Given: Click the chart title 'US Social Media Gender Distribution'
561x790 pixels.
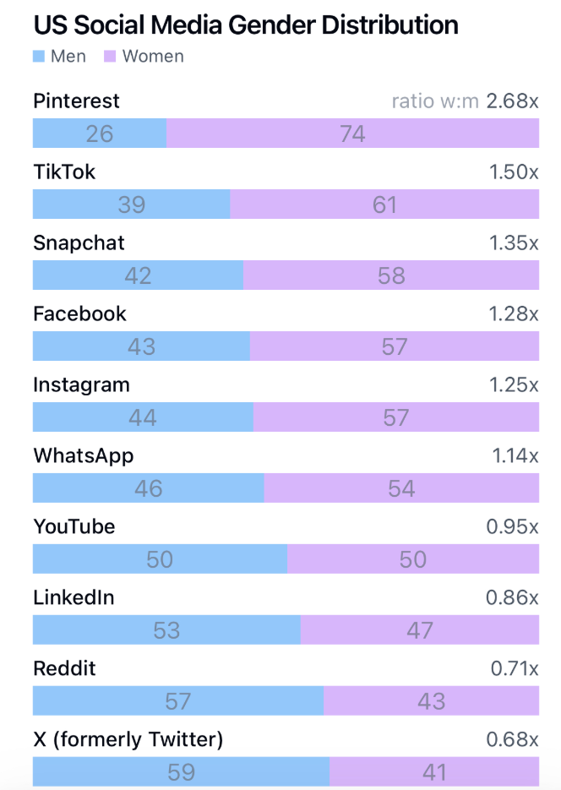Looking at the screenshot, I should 245,25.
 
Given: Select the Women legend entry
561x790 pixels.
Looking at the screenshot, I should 144,57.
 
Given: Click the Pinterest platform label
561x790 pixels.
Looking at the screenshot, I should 76,101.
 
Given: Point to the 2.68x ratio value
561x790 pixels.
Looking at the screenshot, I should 512,101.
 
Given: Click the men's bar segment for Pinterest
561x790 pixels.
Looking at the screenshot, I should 100,133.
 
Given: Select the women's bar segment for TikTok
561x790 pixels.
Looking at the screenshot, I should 384,204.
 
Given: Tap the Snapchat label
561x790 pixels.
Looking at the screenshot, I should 79,243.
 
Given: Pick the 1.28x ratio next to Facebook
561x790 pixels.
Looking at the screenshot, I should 514,314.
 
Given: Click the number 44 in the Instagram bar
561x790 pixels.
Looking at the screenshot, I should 143,417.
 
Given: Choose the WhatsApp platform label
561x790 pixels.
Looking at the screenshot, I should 83,456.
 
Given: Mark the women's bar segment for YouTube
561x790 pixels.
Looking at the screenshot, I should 413,559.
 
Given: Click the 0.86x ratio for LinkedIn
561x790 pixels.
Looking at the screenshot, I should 512,598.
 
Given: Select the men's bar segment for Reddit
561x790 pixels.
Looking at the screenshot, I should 177,701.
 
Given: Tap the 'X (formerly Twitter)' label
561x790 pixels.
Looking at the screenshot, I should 128,740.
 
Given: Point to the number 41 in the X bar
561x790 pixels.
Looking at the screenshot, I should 433,772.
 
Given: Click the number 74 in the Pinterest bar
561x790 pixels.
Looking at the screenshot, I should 352,133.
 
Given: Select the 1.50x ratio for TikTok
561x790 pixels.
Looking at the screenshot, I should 514,172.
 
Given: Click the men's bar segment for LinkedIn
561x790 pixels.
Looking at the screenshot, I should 166,630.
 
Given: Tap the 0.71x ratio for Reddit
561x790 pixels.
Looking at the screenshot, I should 515,669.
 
